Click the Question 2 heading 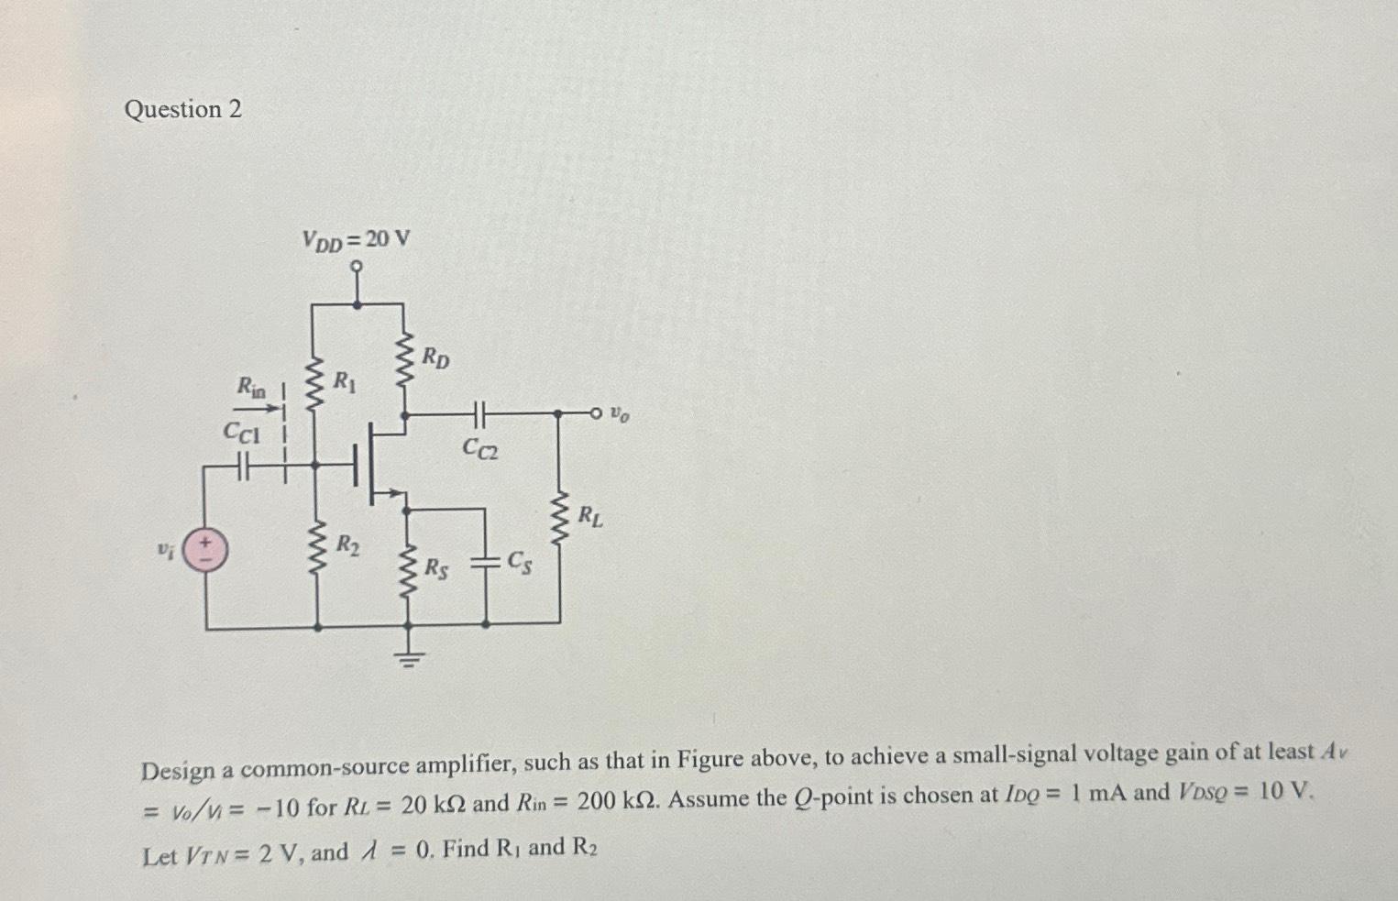click(182, 110)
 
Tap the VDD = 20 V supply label click(356, 240)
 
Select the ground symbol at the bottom click(409, 655)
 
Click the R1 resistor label click(345, 380)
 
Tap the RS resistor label click(436, 568)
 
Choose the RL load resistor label click(590, 516)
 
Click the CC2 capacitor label click(480, 448)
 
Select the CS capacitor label click(520, 562)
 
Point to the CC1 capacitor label click(242, 432)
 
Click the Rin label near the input click(250, 388)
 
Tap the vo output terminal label click(621, 415)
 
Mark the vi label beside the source click(164, 550)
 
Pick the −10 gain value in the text click(274, 808)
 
